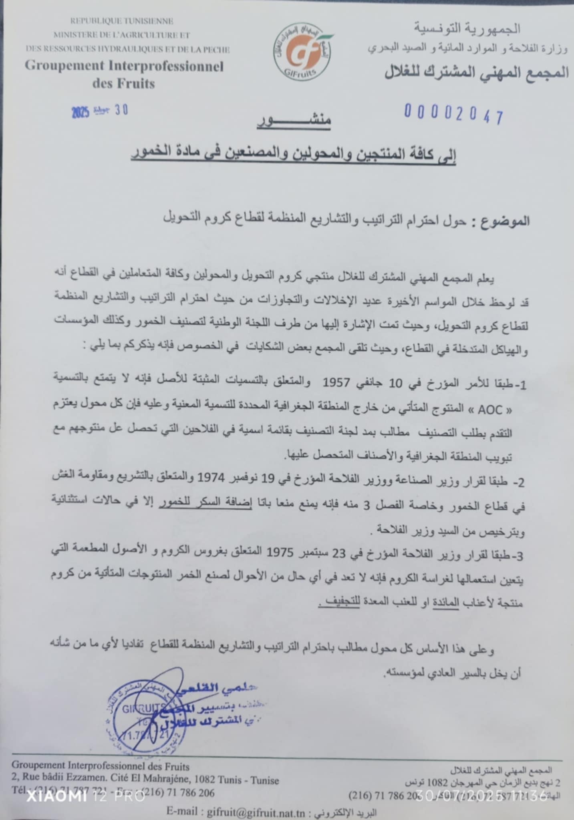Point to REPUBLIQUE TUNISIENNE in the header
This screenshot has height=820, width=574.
point(122,21)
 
